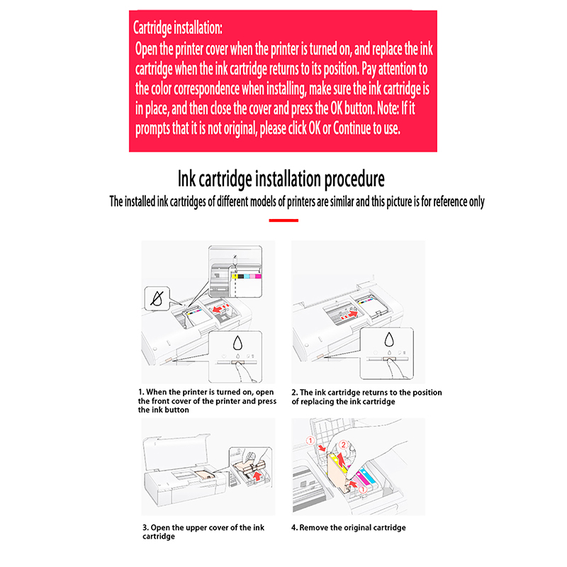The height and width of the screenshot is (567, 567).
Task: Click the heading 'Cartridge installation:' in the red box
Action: pyautogui.click(x=178, y=28)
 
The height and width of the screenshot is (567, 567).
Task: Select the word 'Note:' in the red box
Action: pyautogui.click(x=388, y=108)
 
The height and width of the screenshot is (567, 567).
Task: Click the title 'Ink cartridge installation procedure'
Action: pyautogui.click(x=281, y=179)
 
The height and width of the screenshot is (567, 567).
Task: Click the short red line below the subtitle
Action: pyautogui.click(x=283, y=220)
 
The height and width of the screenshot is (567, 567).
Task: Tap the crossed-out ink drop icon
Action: pyautogui.click(x=157, y=298)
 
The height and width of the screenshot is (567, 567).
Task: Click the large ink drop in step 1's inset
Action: pyautogui.click(x=237, y=343)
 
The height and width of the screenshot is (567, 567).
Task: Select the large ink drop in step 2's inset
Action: pyautogui.click(x=389, y=340)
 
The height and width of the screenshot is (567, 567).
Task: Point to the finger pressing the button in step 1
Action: pyautogui.click(x=244, y=372)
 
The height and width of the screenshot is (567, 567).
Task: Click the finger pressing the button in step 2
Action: pyautogui.click(x=396, y=369)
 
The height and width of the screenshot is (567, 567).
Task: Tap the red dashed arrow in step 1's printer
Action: pyautogui.click(x=220, y=308)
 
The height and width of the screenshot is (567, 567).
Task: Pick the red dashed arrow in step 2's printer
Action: pyautogui.click(x=349, y=315)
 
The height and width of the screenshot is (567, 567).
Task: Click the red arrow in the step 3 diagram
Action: pyautogui.click(x=257, y=476)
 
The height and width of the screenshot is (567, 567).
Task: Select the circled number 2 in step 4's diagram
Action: pyautogui.click(x=343, y=445)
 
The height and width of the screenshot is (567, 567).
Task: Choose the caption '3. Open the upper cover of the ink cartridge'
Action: pyautogui.click(x=203, y=532)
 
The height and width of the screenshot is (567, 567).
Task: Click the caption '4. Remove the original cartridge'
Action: pyautogui.click(x=349, y=527)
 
